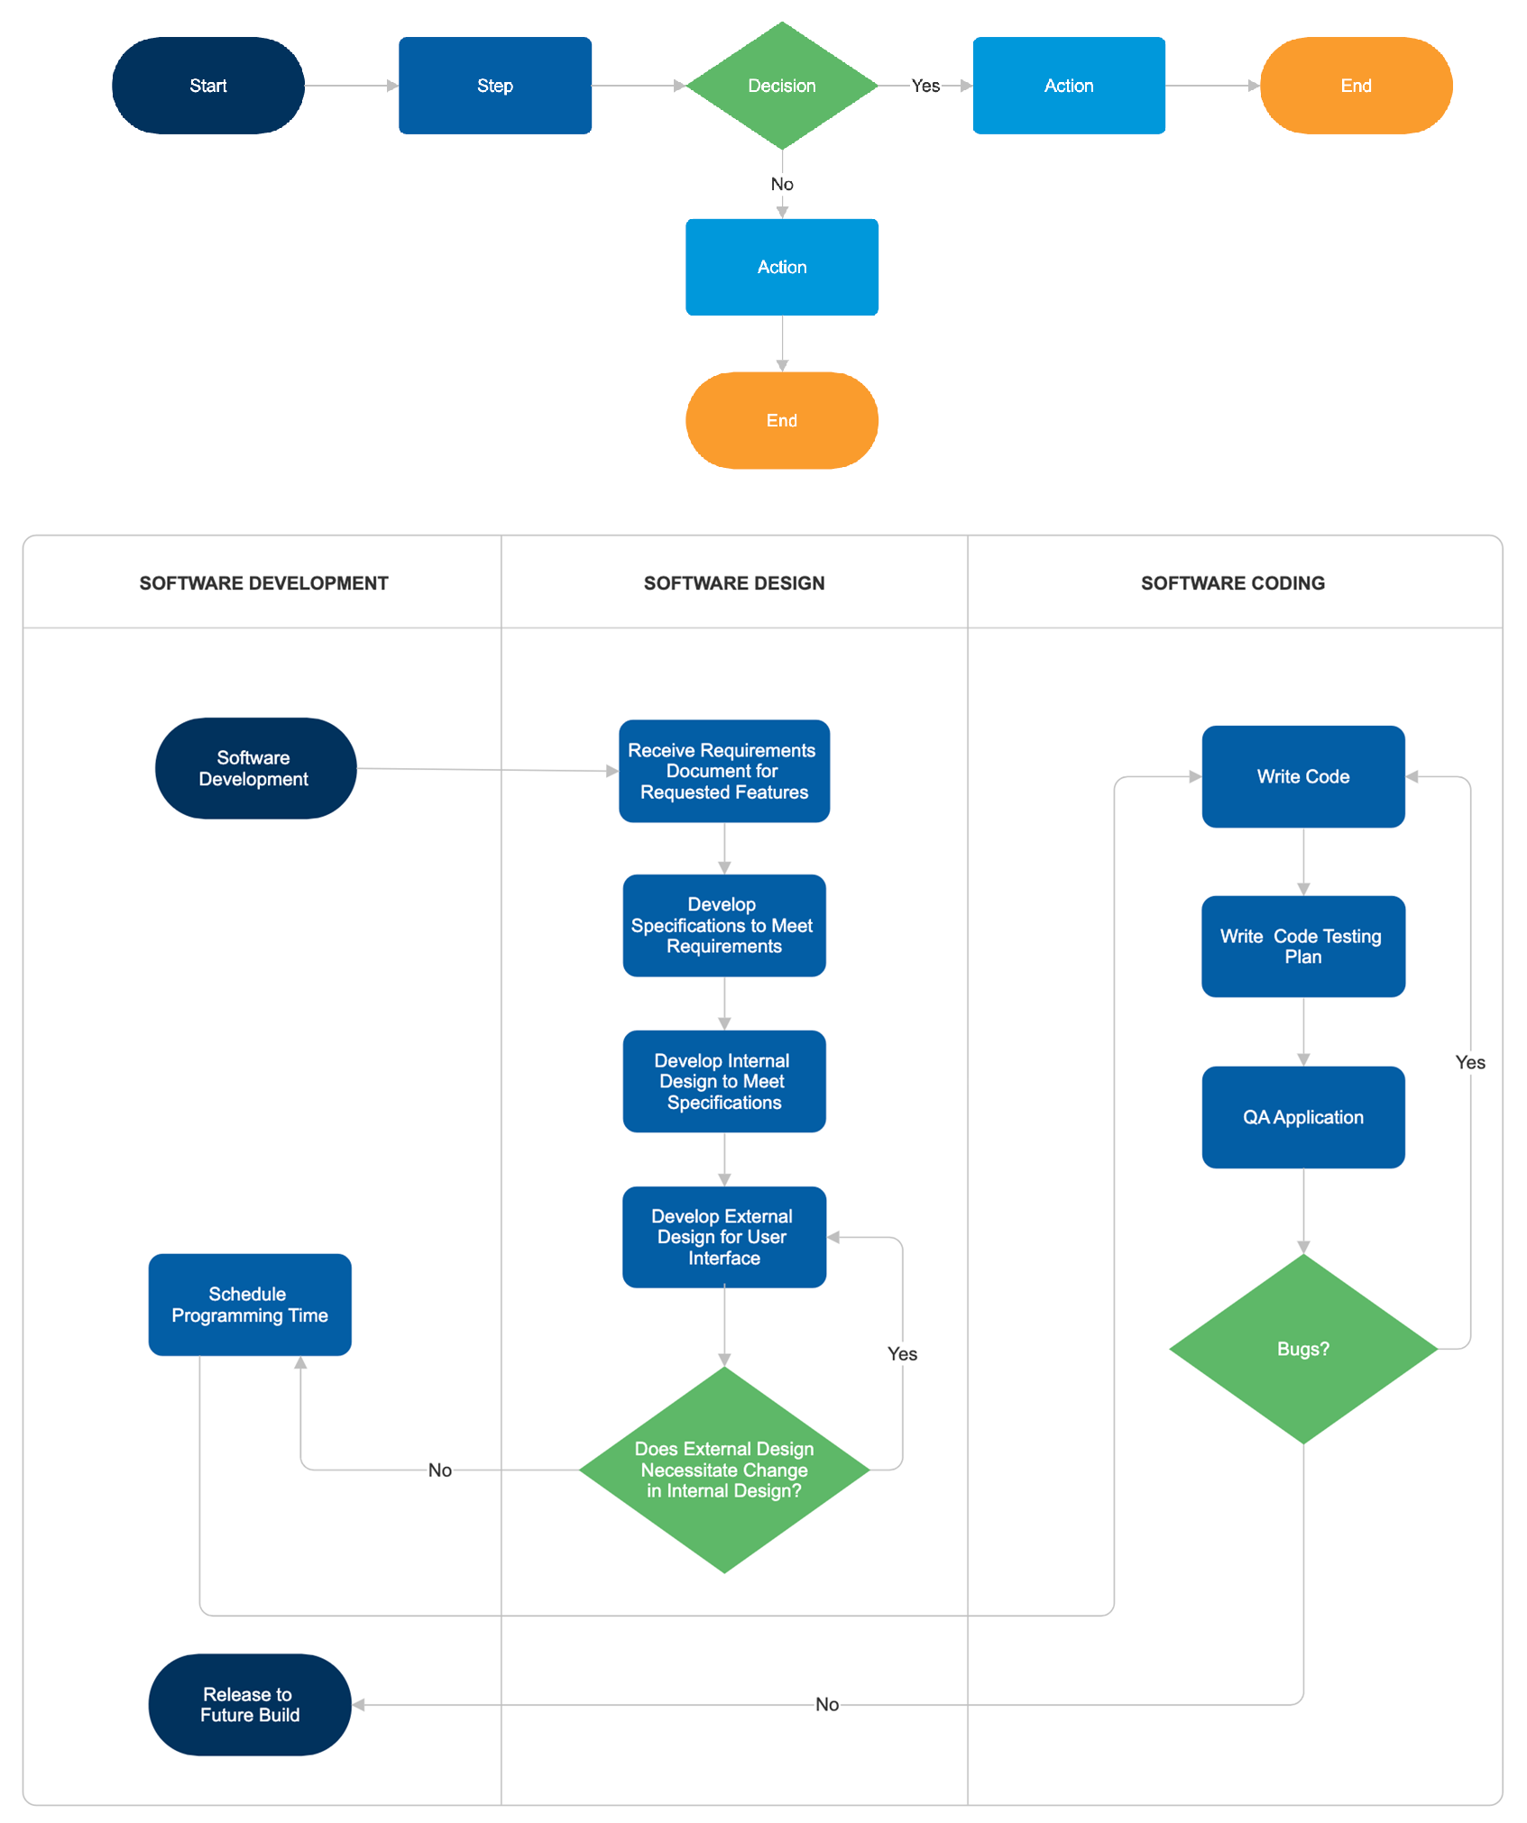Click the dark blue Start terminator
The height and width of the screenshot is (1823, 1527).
coord(207,86)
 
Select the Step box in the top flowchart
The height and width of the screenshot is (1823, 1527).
coord(494,86)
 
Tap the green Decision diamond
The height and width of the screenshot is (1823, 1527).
coord(781,86)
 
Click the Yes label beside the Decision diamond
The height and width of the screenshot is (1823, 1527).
coord(925,86)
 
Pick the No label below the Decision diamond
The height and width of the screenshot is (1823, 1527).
coord(781,184)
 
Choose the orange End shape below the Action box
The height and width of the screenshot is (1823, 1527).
coord(781,420)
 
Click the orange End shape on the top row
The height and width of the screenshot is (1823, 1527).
coord(1355,86)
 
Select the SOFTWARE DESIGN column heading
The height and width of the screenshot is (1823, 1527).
coord(733,583)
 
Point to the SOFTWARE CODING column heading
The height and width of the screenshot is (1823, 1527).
coord(1232,583)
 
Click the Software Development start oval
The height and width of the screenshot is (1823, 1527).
coord(254,768)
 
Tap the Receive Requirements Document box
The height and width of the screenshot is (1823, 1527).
coord(723,771)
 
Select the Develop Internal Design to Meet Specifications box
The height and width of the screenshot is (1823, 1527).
coord(723,1081)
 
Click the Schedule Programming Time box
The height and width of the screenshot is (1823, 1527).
coord(249,1305)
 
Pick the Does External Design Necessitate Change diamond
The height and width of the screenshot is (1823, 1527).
coord(723,1469)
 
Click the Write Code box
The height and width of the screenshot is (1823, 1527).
coord(1302,776)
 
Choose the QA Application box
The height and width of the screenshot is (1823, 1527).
coord(1302,1117)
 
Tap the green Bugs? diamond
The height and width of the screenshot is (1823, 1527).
coord(1302,1349)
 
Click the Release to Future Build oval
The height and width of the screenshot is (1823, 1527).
coord(249,1704)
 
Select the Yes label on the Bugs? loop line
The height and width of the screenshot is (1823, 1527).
coord(1469,1062)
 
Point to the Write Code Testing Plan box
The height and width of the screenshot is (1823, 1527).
coord(1302,946)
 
